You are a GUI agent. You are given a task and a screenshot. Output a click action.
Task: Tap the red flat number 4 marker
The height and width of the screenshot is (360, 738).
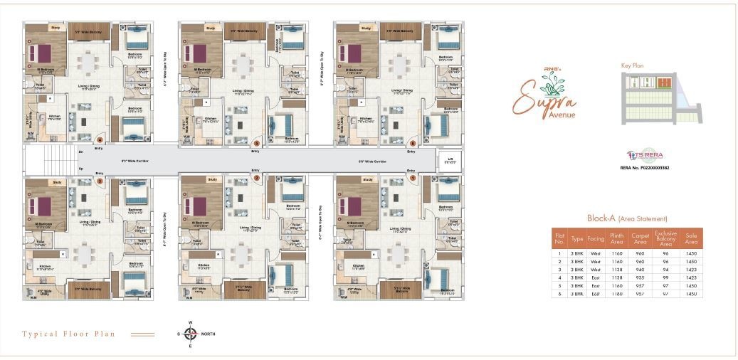click(x=100, y=139)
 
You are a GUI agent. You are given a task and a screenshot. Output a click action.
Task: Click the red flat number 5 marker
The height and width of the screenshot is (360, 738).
click(x=257, y=141)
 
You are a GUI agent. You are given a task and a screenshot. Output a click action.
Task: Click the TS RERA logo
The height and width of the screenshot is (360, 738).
click(x=644, y=155)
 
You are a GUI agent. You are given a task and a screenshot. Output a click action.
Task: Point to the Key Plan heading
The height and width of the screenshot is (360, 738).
click(x=632, y=65)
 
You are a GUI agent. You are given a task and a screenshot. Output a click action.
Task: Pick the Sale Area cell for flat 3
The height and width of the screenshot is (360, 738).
click(x=690, y=270)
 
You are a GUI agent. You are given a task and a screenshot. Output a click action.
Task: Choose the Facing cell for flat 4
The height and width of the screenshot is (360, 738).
click(x=595, y=277)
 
